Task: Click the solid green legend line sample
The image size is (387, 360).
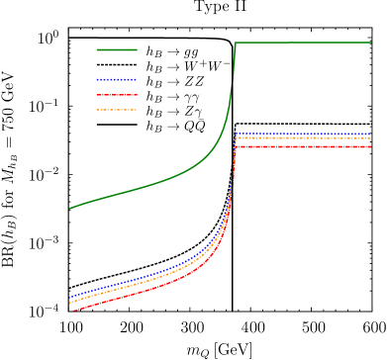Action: (x=117, y=49)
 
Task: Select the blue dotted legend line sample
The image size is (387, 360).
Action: (x=117, y=79)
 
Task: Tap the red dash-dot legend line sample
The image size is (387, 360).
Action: (x=117, y=95)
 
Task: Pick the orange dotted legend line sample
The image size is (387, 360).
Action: (x=117, y=110)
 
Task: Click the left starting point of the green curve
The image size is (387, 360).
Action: (x=69, y=208)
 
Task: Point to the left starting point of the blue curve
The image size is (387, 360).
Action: (x=69, y=296)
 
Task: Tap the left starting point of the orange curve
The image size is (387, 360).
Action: (x=69, y=301)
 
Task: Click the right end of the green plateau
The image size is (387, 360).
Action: (x=371, y=43)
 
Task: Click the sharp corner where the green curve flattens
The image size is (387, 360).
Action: (x=236, y=43)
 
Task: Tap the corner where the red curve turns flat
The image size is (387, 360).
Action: (x=236, y=146)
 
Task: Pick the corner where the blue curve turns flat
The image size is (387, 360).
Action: (x=237, y=134)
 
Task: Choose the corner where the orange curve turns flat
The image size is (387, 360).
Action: (x=237, y=138)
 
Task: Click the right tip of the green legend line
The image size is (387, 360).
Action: (x=137, y=49)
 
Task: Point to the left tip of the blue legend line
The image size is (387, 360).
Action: (x=96, y=79)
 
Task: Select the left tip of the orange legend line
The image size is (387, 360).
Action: (x=96, y=110)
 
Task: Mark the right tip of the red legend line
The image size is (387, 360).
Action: (x=137, y=95)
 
